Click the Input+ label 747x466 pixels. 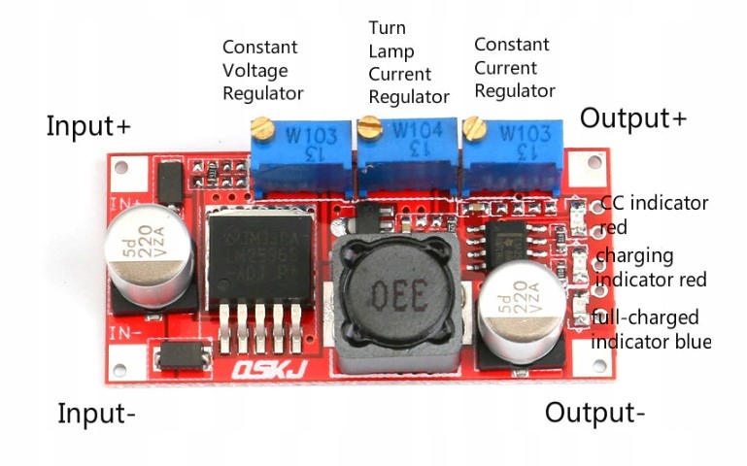pos(87,127)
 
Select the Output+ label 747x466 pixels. pos(633,118)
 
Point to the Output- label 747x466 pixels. pos(594,413)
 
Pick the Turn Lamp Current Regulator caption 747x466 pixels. pos(408,62)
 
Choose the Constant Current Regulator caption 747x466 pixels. pos(514,68)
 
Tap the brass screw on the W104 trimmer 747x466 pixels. pos(368,124)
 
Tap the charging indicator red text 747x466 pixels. pos(650,267)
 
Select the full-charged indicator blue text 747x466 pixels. pos(650,329)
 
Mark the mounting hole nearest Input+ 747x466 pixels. pos(121,168)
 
